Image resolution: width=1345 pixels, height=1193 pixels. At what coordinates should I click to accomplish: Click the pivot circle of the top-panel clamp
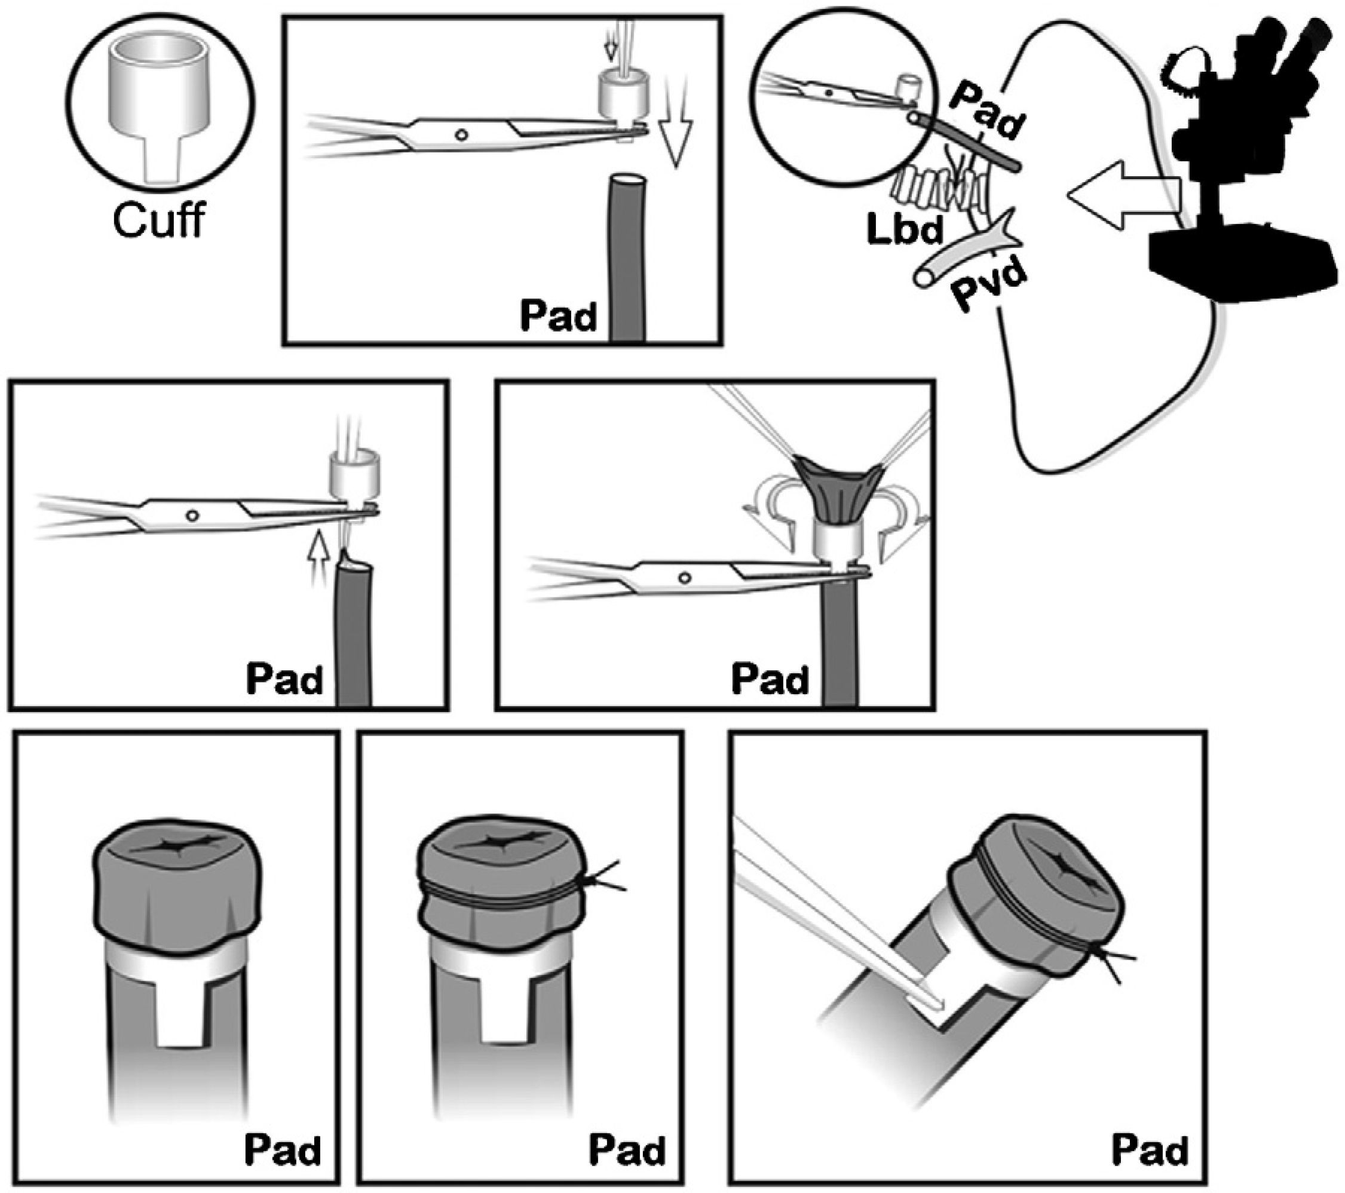pyautogui.click(x=461, y=134)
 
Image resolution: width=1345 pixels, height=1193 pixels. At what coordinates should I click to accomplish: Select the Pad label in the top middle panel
pyautogui.click(x=559, y=316)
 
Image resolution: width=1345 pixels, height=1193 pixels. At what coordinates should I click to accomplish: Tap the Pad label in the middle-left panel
pyautogui.click(x=284, y=680)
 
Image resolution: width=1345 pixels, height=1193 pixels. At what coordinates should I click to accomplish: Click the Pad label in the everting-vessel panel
pyautogui.click(x=769, y=680)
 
